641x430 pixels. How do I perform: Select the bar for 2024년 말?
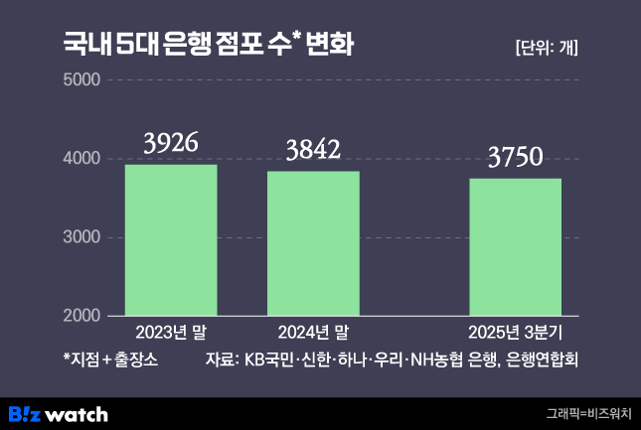tap(313, 243)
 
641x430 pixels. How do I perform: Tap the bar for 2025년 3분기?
tap(515, 247)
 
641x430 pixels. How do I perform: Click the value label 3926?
tap(171, 144)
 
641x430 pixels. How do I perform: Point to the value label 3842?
tap(313, 150)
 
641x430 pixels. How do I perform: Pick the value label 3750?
tap(515, 158)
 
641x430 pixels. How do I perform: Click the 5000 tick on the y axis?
tap(82, 79)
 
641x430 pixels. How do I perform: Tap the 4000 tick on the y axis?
tap(82, 158)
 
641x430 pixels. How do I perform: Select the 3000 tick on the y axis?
tap(82, 237)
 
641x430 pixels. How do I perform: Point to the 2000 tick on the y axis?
tap(82, 316)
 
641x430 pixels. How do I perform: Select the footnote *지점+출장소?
tap(110, 358)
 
